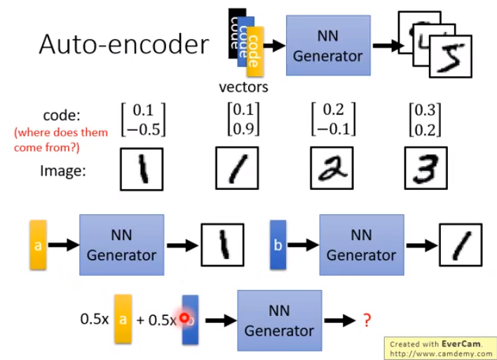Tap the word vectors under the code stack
click(x=243, y=88)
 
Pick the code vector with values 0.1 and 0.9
click(x=243, y=120)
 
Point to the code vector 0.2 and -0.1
click(x=333, y=120)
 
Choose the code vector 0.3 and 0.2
click(x=424, y=120)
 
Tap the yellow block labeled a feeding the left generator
click(x=38, y=245)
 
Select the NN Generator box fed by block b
click(x=361, y=245)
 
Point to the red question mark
click(x=366, y=320)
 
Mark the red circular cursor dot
click(x=185, y=318)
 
